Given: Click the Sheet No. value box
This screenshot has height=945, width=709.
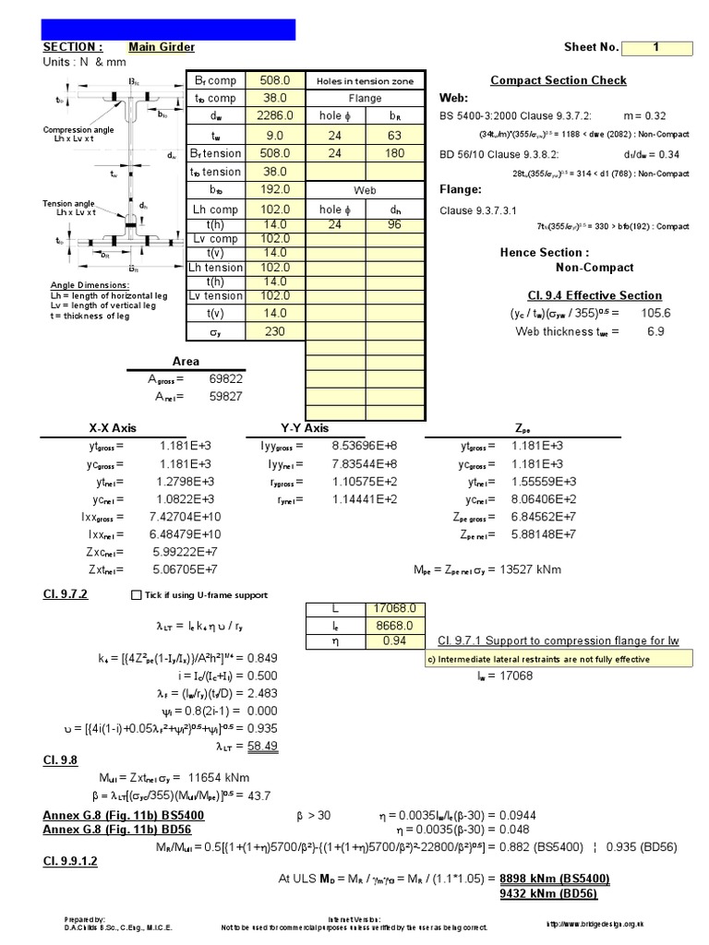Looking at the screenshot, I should [656, 48].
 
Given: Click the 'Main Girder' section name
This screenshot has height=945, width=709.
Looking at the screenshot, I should [162, 47].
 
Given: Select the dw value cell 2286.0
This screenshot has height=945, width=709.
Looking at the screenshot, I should [275, 116].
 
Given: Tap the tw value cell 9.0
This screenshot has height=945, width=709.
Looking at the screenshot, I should [275, 135].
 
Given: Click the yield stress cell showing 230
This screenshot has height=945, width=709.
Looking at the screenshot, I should [275, 332].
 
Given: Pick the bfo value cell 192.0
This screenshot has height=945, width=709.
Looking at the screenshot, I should [275, 190].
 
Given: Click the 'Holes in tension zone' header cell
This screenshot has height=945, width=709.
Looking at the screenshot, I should [365, 81].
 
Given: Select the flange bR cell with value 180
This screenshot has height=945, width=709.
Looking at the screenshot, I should [395, 153].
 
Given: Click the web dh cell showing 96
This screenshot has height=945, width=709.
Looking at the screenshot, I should [395, 223].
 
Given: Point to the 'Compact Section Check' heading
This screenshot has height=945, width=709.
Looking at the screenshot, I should [558, 80].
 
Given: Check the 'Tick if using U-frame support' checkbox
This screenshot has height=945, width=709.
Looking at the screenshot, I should [138, 594].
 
